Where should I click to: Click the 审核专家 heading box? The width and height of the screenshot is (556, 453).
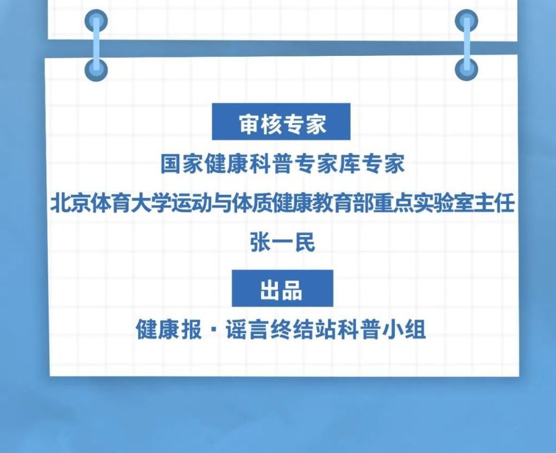pos(281,122)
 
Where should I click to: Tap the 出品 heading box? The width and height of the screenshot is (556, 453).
pos(282,288)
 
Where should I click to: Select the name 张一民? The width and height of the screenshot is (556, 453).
pos(282,243)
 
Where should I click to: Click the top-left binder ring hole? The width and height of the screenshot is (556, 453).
pos(96,21)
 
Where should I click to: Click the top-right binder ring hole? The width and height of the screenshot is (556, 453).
pos(466,21)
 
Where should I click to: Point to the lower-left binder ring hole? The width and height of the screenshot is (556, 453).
pos(96,69)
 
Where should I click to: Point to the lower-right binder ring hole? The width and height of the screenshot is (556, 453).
pos(466,69)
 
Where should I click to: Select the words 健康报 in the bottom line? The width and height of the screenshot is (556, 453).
pos(169,330)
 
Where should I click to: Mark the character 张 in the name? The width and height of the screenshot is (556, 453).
pos(261,243)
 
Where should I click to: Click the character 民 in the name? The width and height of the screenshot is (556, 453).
pos(305,243)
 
